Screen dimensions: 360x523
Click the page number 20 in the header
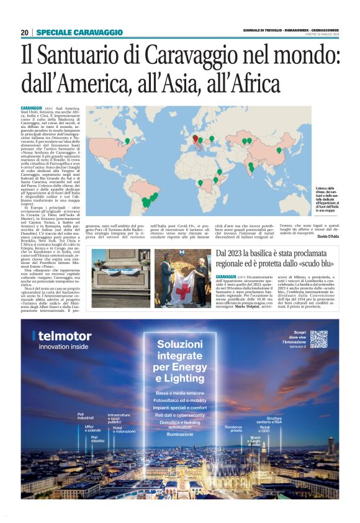[24, 32]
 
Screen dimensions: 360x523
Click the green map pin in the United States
[128, 140]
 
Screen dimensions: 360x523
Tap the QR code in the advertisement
[318, 339]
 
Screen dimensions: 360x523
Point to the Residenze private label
[233, 429]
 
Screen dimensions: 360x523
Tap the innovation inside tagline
[63, 347]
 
